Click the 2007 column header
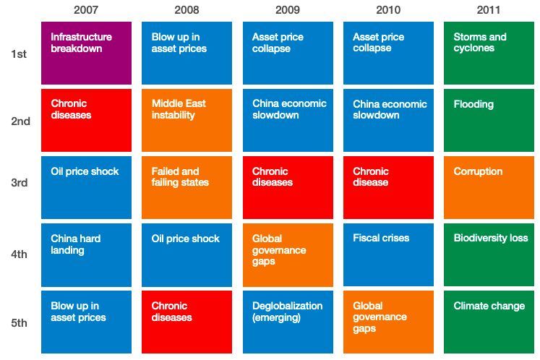[86, 10]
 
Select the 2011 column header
[489, 10]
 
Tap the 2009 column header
[287, 10]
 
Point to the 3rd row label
[20, 183]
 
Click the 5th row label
[20, 322]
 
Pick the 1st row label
[20, 53]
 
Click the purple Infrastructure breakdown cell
[86, 53]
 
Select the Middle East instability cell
[187, 120]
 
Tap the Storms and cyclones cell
[489, 53]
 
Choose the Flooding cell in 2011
[489, 120]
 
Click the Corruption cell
[489, 187]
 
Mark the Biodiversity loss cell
[489, 254]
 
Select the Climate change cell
[489, 322]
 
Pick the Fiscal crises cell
[388, 254]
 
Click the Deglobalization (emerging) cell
[287, 322]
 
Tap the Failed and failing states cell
[187, 187]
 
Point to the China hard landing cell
[86, 254]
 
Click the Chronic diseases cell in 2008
[187, 322]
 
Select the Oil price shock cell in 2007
[86, 187]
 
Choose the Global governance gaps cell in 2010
[388, 322]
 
